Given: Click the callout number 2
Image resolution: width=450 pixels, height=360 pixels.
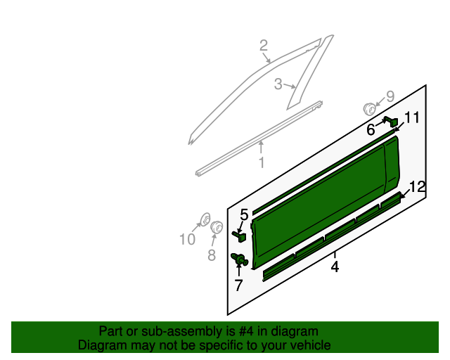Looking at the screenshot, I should (264, 46).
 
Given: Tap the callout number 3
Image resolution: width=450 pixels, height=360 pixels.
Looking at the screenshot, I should (278, 84).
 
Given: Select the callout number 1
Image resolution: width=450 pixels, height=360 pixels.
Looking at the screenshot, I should (261, 163).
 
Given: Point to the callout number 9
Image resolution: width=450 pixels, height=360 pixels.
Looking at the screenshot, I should (390, 97).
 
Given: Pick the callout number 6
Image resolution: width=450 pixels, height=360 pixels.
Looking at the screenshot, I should (371, 130).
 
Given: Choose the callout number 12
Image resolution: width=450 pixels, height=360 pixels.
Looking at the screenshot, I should (417, 187).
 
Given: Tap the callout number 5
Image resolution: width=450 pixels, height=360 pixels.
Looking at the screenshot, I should (244, 214).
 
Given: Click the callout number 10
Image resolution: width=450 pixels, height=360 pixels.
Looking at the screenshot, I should (186, 240).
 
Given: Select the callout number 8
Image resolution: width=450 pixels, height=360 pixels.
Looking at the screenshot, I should (212, 255).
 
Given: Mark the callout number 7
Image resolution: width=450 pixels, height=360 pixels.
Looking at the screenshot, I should (238, 285).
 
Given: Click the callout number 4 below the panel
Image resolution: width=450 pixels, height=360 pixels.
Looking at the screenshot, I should (335, 267).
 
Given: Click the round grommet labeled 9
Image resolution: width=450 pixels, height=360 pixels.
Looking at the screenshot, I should (369, 108).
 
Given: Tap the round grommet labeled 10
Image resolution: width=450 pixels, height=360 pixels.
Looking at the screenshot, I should (205, 218).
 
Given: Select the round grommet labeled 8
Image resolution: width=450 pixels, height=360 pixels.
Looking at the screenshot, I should (217, 227).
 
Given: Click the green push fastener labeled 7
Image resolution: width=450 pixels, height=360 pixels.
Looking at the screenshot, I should (240, 260).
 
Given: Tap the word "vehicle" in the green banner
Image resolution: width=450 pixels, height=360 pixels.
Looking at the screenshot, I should (309, 345).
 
